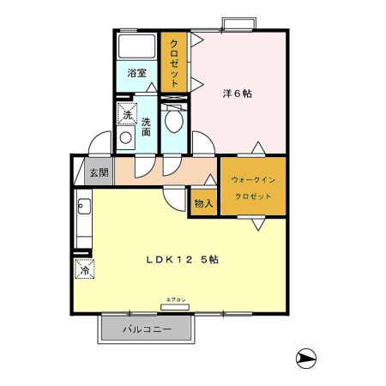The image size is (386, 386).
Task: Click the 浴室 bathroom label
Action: coord(137,73)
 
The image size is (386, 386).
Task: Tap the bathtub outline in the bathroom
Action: coord(136,48)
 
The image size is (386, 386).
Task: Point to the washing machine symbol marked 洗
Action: coord(127,114)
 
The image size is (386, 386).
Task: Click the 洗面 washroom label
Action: coord(147,127)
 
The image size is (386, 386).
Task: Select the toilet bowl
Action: coord(174,120)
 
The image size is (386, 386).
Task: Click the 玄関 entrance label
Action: coord(99,172)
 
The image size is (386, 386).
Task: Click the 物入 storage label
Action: coord(202,202)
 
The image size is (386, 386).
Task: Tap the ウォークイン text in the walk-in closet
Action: coord(251,180)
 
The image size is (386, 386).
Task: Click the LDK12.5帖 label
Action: coord(180,259)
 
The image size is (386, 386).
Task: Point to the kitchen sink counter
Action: coord(83,220)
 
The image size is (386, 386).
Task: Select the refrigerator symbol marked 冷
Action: coord(84,270)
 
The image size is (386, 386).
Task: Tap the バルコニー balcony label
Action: coord(147,329)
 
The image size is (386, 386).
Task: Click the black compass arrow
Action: coord(305,357)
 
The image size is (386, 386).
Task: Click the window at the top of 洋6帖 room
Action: coord(233,22)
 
